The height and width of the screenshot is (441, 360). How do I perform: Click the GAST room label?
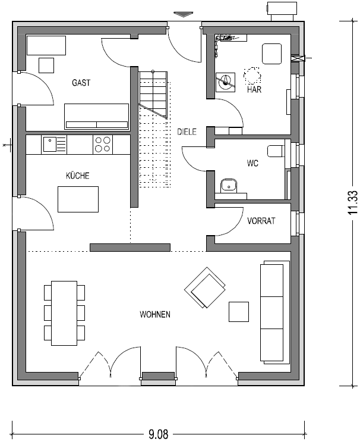[x=81, y=83]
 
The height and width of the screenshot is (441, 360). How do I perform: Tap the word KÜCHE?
[x=77, y=176]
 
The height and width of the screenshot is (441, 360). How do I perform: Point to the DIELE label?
[x=187, y=132]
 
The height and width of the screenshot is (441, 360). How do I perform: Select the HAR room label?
[x=254, y=89]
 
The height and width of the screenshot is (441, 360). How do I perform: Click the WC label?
[x=252, y=163]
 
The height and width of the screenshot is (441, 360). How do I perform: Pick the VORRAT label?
[x=261, y=221]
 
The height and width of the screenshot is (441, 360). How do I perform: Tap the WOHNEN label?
[x=155, y=314]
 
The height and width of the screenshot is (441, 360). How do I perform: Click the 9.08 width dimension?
[x=159, y=434]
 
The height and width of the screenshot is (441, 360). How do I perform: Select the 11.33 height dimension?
[x=353, y=202]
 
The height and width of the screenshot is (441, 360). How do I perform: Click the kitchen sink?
[x=54, y=144]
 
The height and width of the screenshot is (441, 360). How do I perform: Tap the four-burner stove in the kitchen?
[x=103, y=144]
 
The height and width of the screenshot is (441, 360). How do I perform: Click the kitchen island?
[x=78, y=199]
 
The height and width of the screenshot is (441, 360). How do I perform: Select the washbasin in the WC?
[x=229, y=186]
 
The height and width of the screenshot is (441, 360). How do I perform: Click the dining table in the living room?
[x=64, y=313]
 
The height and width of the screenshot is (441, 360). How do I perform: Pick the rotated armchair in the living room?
[x=206, y=287]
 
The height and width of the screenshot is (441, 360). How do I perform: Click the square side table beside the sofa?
[x=239, y=312]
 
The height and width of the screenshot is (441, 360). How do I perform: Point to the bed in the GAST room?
[x=96, y=117]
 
